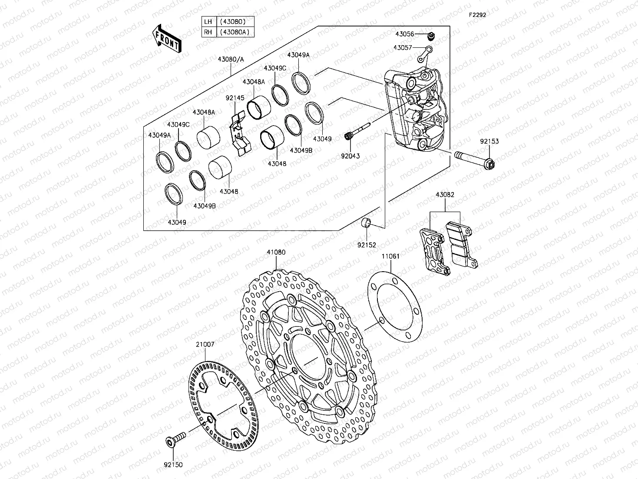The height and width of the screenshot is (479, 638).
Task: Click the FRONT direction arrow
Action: [x=167, y=39]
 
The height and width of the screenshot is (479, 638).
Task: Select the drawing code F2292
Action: [x=477, y=15]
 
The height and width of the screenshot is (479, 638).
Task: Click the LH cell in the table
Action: [x=208, y=21]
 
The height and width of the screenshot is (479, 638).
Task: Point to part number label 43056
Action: [x=404, y=33]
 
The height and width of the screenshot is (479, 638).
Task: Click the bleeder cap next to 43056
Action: [x=431, y=35]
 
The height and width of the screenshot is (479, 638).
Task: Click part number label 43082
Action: [x=445, y=195]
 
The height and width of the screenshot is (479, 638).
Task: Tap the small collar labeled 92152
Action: [x=366, y=223]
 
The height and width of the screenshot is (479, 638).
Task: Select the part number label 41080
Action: [x=276, y=252]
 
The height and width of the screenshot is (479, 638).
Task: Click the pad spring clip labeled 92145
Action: [x=238, y=131]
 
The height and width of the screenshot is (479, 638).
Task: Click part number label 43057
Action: [x=403, y=48]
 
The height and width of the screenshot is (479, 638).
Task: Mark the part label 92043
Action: [x=350, y=155]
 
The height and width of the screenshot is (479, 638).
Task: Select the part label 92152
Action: [x=367, y=245]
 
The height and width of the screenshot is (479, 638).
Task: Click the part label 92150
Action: [x=173, y=465]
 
